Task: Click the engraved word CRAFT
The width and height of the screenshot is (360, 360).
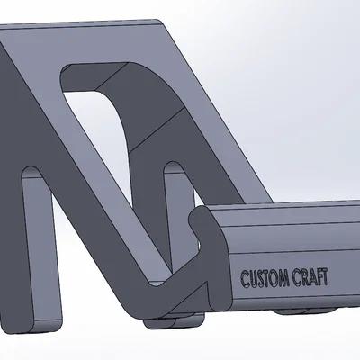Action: tap(310, 276)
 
